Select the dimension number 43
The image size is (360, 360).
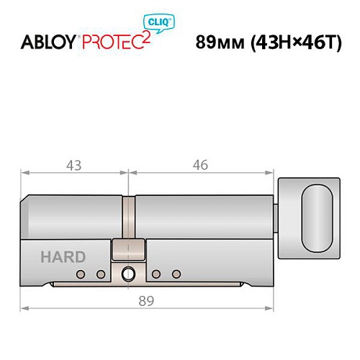point(73,165)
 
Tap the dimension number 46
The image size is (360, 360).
point(200,165)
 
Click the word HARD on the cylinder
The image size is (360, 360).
point(63,256)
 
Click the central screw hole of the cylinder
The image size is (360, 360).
point(129,274)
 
